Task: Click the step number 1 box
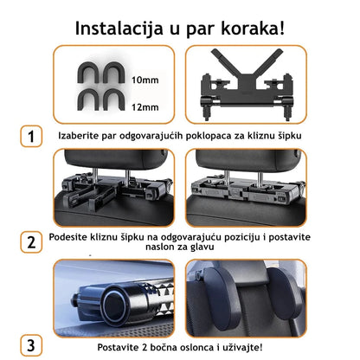(x=31, y=136)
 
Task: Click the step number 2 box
(x=31, y=241)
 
